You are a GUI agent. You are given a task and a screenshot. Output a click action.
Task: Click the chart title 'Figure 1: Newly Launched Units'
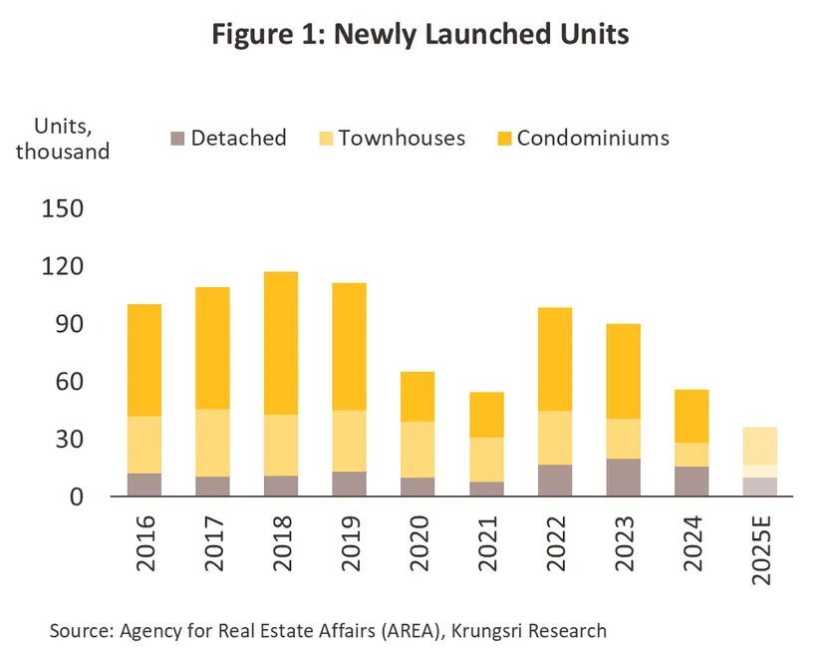(420, 34)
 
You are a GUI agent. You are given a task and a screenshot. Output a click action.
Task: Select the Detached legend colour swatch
(178, 138)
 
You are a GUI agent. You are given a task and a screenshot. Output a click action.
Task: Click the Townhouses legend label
(402, 138)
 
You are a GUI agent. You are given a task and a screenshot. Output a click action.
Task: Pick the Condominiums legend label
(593, 138)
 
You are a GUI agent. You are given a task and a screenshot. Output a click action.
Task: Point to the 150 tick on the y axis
(64, 209)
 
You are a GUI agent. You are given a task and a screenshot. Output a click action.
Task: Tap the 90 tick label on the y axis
(71, 324)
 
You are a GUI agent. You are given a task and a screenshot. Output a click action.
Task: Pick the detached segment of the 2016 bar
(144, 485)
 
